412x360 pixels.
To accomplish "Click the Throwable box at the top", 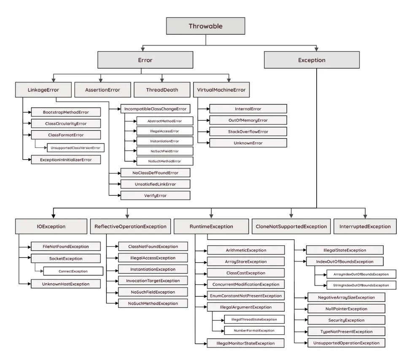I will [x=205, y=26].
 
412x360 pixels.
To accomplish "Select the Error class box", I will [x=145, y=60].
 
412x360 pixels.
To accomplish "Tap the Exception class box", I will [x=312, y=60].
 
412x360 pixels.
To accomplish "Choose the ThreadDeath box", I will [x=162, y=90].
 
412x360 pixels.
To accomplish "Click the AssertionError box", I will [x=102, y=90].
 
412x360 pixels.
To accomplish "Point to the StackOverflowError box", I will [x=248, y=132].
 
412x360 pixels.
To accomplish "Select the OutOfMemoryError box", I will [x=248, y=120].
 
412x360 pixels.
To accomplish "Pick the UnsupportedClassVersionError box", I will [x=75, y=148].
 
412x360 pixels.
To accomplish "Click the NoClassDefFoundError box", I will [x=155, y=172].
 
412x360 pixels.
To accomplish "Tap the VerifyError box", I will [x=155, y=195].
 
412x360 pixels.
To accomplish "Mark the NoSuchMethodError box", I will [x=164, y=161].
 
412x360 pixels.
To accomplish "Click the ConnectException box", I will [x=73, y=271].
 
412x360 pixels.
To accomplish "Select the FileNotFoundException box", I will [x=66, y=246].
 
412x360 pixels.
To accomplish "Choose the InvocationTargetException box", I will [x=153, y=281].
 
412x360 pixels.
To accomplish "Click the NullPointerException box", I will [x=346, y=309].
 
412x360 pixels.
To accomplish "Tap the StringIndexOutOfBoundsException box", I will [x=361, y=285].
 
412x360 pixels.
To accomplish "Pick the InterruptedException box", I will [x=365, y=226].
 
